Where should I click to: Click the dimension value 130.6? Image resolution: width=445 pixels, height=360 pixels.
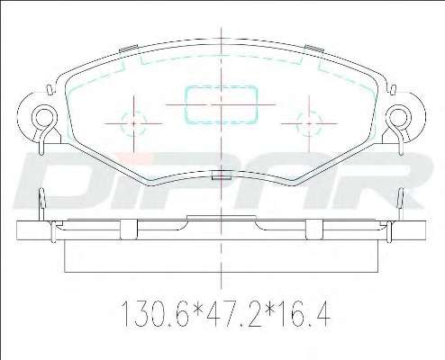pos(155,314)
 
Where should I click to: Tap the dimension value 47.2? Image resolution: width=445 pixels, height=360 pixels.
pos(229,314)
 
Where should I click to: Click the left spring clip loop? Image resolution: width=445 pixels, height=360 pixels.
pos(44,106)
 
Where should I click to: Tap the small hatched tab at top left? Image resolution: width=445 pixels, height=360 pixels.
pos(129,49)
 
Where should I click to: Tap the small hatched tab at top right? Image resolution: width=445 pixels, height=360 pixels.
pos(313,49)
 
